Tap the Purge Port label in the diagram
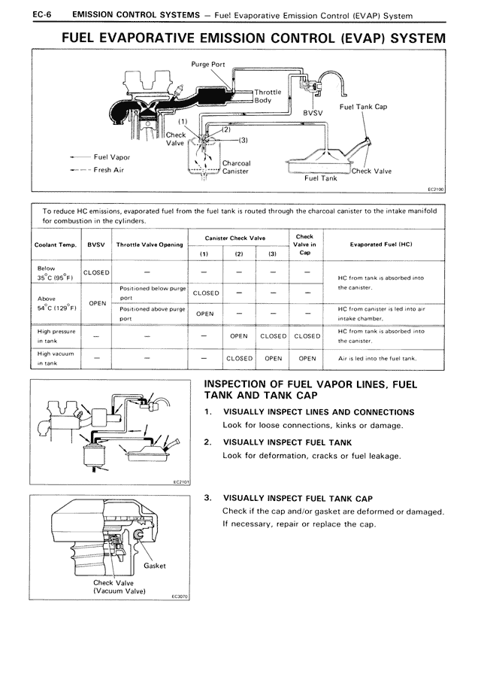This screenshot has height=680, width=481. (x=208, y=65)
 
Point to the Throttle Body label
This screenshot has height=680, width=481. (x=268, y=96)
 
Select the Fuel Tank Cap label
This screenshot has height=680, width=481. (x=363, y=107)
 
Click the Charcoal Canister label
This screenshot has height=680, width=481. (x=236, y=167)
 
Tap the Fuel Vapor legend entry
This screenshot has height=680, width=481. (x=111, y=157)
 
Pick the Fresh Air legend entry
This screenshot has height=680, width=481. (x=111, y=170)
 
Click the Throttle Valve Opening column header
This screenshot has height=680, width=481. (x=150, y=244)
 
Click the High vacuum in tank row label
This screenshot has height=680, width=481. (x=55, y=358)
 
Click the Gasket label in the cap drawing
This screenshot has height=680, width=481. (x=155, y=566)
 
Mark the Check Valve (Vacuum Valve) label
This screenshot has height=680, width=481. (x=113, y=587)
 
